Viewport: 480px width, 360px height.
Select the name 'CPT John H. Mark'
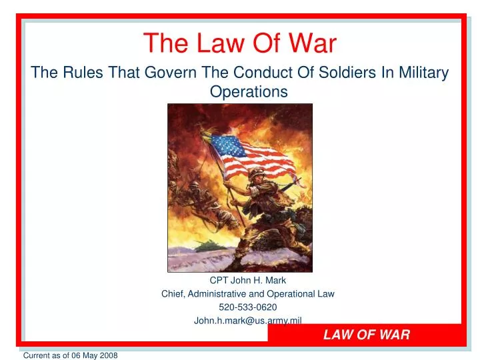pos(240,280)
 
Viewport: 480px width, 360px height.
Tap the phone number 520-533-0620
pos(240,307)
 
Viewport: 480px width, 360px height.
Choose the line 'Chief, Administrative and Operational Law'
pos(240,293)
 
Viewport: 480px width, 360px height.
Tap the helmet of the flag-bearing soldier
pos(257,175)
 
